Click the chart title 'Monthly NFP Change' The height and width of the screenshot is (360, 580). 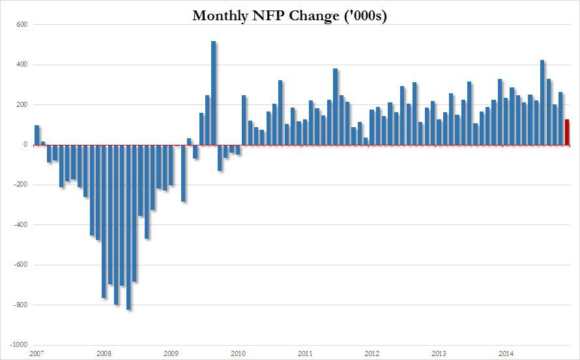[x=289, y=16]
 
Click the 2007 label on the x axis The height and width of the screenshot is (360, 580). [x=36, y=353]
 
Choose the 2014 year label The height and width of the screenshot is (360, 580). [x=504, y=353]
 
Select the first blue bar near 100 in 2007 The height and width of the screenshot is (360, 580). [x=37, y=135]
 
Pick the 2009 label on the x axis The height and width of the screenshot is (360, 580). [x=170, y=353]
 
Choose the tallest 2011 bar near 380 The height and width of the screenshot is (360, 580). [x=336, y=107]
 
